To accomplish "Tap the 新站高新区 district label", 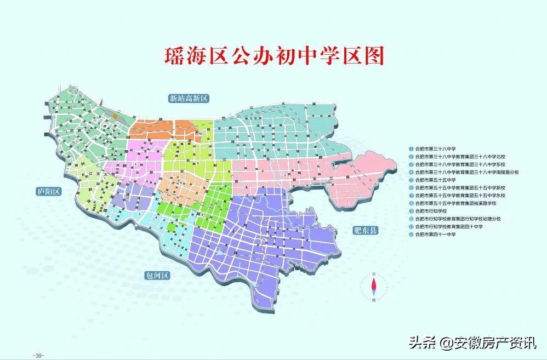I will [x=190, y=99].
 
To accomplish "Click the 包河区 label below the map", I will [x=156, y=275].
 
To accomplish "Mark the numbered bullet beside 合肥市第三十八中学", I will [x=411, y=148].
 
